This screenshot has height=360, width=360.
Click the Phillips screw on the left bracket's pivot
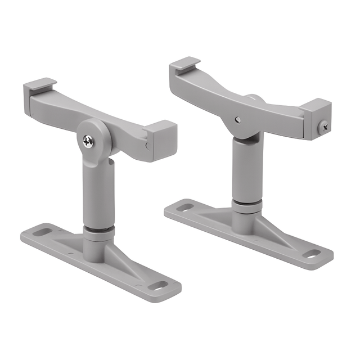pos(89,141)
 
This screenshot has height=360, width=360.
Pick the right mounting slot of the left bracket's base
pos(159,285)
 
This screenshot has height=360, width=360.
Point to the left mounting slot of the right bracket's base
pos(184,208)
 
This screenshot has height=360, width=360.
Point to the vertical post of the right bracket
pos(246,169)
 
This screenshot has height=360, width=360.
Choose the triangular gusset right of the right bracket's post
pos(276,228)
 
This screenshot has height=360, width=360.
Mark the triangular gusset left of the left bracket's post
pos(70,240)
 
